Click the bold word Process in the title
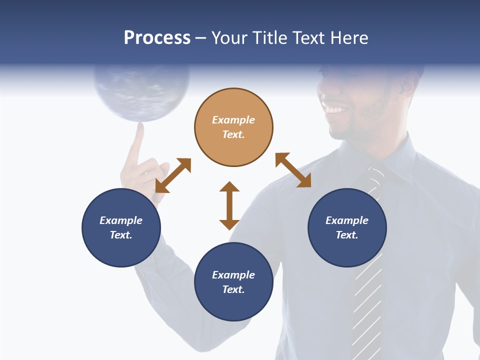pos(157,38)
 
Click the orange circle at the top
pos(233,127)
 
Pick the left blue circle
pos(121,227)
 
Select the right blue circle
pos(347,227)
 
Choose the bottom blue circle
pos(233,282)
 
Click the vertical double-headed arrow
pos(229,205)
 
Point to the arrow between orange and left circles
pos(173,175)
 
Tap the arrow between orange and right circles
pos(293,170)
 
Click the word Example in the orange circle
pos(233,120)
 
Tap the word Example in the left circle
pos(121,220)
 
